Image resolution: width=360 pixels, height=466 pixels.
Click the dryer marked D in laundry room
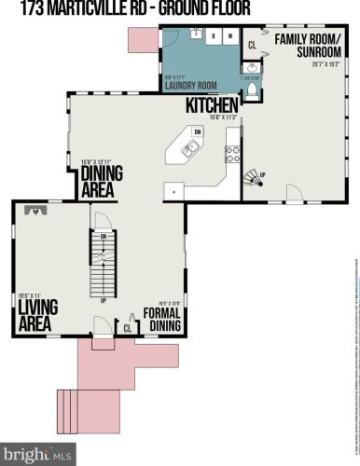[x=214, y=38]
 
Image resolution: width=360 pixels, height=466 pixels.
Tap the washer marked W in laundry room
[x=229, y=38]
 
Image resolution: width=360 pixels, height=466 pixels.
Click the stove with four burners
[x=233, y=154]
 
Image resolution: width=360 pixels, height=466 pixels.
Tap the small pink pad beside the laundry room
[x=143, y=38]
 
